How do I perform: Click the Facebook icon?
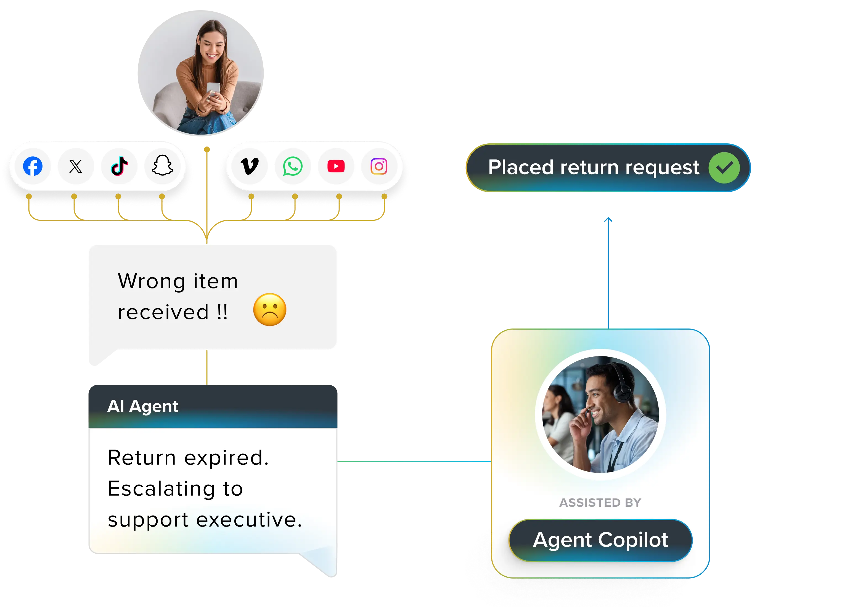pos(33,166)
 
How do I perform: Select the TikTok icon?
pos(119,166)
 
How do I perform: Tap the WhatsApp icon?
pos(293,166)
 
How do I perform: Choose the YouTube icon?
pos(336,166)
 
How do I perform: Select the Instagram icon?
pos(379,166)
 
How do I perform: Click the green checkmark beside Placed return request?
pos(724,168)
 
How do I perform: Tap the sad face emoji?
pos(270,310)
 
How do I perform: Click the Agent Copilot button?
pos(600,540)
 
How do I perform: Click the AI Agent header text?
pos(143,406)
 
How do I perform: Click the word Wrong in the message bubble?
pos(151,282)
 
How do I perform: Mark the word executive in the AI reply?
pos(249,520)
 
